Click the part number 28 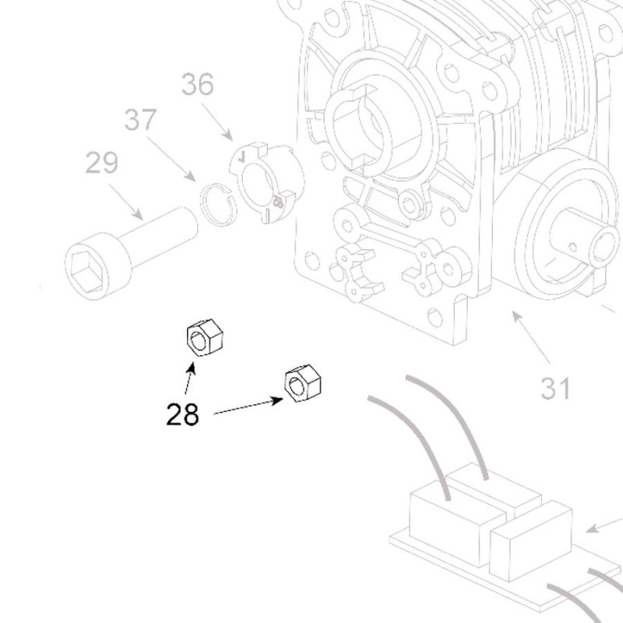pos(182,414)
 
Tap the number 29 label pos(101,164)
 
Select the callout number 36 pos(198,84)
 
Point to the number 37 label pos(141,121)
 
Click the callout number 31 pos(556,387)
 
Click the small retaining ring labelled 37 pos(219,202)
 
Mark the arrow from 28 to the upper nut pos(189,378)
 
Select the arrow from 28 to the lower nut pos(248,407)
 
